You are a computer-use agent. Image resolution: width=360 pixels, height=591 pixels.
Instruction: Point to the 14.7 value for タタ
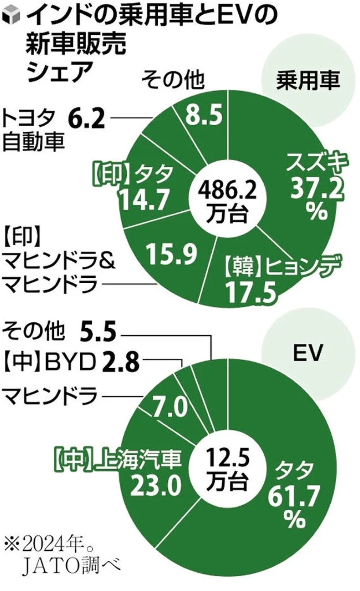click(x=144, y=199)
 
